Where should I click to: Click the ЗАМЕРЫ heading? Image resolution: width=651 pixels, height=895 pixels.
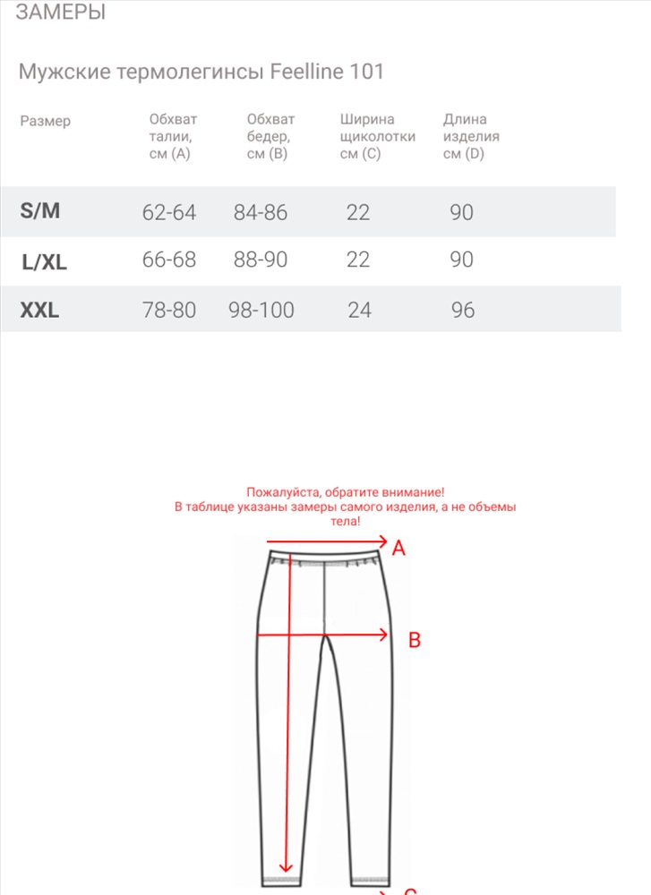tap(61, 13)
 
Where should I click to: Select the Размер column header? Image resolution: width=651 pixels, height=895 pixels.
tap(45, 121)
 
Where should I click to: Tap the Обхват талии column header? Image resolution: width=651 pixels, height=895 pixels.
tap(173, 136)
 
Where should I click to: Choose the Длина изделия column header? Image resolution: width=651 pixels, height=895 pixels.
tap(471, 136)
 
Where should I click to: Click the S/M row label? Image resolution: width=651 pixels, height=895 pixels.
tap(40, 211)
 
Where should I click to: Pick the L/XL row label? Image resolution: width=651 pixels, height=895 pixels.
tap(45, 262)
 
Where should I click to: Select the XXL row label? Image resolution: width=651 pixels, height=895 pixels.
tap(39, 311)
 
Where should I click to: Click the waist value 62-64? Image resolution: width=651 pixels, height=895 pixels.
tap(169, 212)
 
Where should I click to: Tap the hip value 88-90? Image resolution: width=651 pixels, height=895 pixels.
tap(260, 260)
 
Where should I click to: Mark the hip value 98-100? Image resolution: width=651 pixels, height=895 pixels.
tap(261, 311)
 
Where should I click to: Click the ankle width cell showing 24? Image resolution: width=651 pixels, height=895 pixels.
tap(359, 311)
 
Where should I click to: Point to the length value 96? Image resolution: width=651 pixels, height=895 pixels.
tap(463, 311)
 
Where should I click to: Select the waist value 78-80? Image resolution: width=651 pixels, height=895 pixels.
tap(169, 311)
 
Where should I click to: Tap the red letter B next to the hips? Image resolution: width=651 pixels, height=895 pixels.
tap(415, 640)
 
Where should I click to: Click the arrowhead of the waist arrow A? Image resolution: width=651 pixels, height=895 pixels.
tap(382, 541)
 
